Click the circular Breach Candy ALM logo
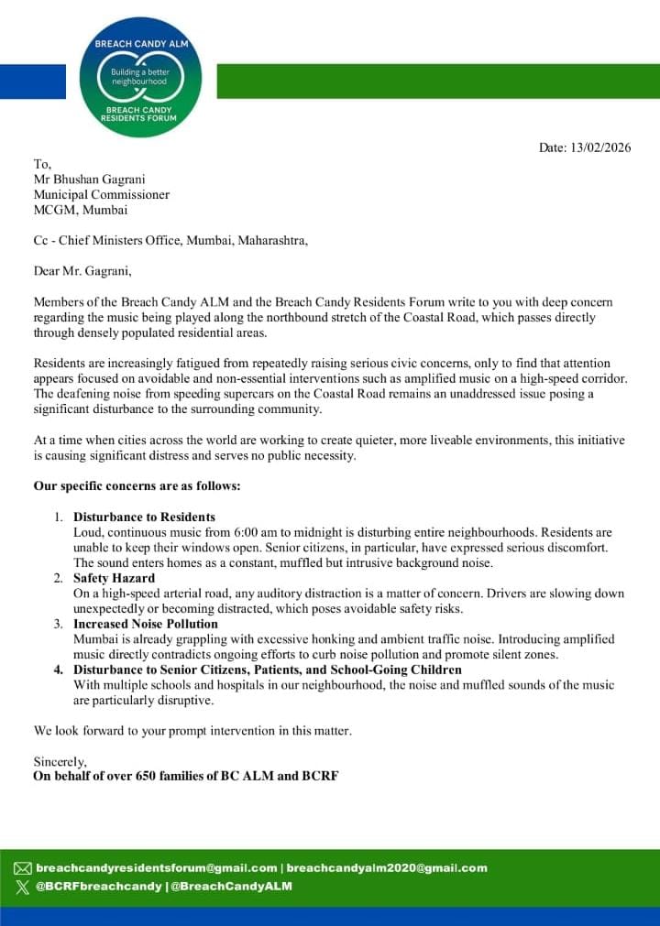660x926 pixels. point(140,78)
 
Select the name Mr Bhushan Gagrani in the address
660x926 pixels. point(92,180)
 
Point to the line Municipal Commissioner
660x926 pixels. point(102,194)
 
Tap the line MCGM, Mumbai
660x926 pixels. point(81,210)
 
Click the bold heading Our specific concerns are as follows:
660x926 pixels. point(137,485)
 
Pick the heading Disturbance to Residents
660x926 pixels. point(145,517)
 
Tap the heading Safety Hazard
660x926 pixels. point(115,578)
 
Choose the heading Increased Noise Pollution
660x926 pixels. point(146,624)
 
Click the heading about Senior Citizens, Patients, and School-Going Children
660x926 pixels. point(268,670)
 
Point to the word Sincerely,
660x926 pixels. point(60,761)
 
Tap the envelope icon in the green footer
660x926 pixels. point(23,868)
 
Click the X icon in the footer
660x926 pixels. point(23,886)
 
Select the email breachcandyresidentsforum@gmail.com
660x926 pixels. point(157,868)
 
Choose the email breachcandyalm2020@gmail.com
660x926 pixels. point(387,868)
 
